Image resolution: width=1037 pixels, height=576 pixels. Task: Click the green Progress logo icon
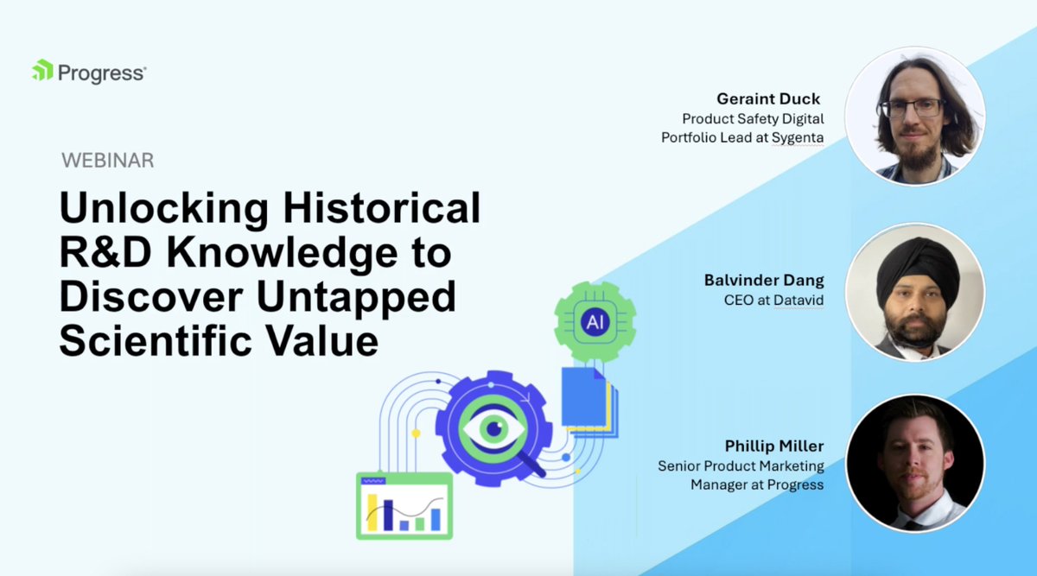coord(42,71)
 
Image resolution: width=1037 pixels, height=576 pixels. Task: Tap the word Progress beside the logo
coord(101,73)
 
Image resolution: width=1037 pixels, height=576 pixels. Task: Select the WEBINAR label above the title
coord(107,161)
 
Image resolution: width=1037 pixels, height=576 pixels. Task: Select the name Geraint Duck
coord(768,98)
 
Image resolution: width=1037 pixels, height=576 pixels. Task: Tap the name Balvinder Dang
coord(763,281)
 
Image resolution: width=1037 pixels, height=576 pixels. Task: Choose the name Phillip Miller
coord(774,446)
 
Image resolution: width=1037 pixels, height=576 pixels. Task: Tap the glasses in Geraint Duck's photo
coord(912,108)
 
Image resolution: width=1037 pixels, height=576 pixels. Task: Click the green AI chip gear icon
coord(595,322)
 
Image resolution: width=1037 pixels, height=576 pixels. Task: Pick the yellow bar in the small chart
coord(372,511)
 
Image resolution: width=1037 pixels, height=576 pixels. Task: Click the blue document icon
coord(582,398)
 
